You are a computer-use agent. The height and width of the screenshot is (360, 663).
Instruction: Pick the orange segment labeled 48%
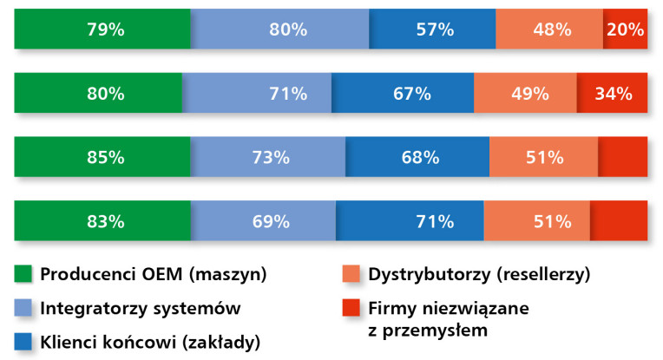[549, 29]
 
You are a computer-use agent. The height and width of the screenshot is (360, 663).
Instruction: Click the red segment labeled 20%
[625, 29]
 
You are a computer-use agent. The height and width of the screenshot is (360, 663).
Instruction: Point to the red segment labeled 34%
[612, 93]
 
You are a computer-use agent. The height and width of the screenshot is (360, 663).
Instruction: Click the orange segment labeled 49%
[525, 93]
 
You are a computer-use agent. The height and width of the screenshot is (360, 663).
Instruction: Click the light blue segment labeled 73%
[268, 157]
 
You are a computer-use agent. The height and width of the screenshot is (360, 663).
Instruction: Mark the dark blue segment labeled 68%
[417, 157]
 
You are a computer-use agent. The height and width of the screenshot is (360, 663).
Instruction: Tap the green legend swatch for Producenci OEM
[23, 274]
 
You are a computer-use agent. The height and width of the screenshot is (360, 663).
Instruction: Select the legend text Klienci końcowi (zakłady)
[149, 340]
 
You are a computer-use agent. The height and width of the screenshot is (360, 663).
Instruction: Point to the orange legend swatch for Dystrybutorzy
[353, 274]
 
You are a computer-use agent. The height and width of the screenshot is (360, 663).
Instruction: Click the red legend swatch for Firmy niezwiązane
[353, 307]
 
